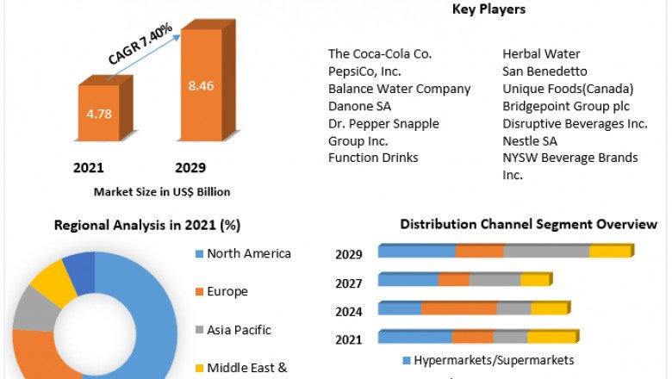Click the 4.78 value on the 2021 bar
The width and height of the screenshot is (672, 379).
pos(100,113)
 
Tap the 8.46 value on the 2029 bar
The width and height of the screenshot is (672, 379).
pos(202,85)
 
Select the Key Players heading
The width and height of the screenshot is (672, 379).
pos(488,9)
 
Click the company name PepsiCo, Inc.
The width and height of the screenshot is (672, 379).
pos(364,71)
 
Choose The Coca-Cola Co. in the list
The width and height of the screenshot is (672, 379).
pos(380,54)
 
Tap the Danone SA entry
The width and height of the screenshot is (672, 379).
pos(359,106)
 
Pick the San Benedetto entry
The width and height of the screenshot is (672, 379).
pos(544,71)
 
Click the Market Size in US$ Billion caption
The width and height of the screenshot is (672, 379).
pos(162,191)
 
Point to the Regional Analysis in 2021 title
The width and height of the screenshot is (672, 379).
pos(147,226)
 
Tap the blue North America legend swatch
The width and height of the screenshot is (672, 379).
pos(197,254)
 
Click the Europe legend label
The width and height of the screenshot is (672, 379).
pos(227,291)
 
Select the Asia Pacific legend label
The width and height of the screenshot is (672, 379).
pos(239,330)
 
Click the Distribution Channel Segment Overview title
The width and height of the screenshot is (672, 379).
pos(528,225)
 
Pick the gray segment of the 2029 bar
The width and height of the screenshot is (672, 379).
pos(546,252)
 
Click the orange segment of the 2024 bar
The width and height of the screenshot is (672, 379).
pos(458,308)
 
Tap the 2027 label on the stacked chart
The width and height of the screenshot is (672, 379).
pos(349,283)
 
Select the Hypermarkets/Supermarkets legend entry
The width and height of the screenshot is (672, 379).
pos(493,360)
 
